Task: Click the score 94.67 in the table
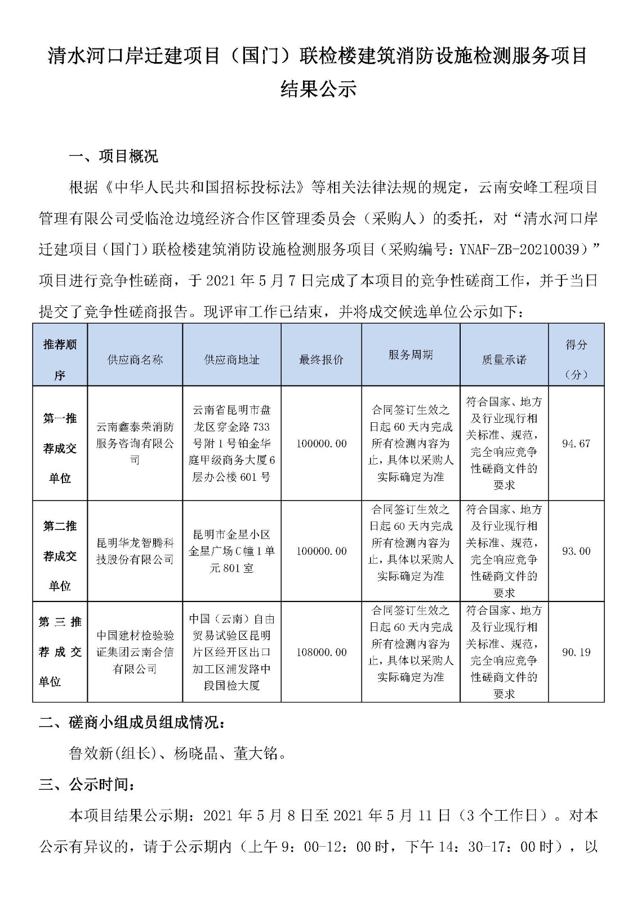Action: click(576, 444)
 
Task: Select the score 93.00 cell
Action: click(576, 551)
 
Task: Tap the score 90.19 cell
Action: click(576, 652)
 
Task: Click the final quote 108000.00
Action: click(322, 652)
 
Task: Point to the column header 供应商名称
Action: click(135, 360)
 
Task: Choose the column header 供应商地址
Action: click(231, 360)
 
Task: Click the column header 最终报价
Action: click(321, 360)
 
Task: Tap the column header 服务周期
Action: click(411, 355)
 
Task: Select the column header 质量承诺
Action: click(504, 360)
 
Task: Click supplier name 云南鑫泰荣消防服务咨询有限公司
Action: click(135, 444)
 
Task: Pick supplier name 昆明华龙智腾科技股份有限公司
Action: click(135, 551)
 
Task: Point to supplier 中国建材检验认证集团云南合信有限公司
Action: click(135, 652)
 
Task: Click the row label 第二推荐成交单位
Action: click(60, 556)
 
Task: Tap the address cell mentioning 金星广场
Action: click(231, 551)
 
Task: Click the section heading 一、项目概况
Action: click(113, 156)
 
